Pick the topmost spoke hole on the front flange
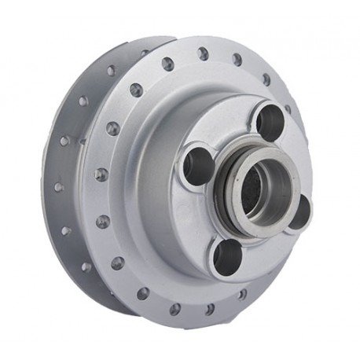(x=203, y=53)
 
